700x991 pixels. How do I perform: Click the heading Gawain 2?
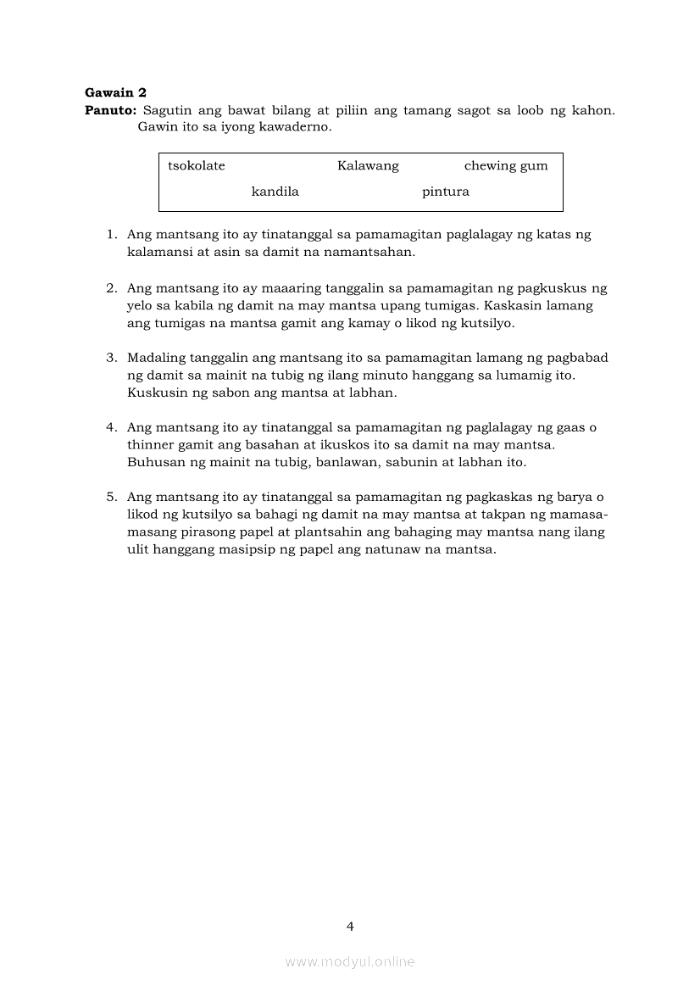tap(116, 92)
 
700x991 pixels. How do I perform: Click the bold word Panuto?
tap(110, 110)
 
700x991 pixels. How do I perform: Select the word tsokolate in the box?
tap(197, 165)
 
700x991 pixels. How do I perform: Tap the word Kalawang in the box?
tap(368, 165)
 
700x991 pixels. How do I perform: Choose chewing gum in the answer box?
tap(506, 165)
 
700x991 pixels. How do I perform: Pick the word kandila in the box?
tap(275, 192)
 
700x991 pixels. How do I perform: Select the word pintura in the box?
tap(446, 192)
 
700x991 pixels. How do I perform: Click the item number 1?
tap(111, 235)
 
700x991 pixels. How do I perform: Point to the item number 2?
tap(111, 288)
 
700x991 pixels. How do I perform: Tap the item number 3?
tap(111, 358)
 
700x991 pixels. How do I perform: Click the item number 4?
tap(111, 427)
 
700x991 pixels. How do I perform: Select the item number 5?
tap(111, 497)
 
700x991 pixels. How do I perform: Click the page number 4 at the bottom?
tap(350, 927)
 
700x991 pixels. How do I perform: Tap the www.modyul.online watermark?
tap(350, 961)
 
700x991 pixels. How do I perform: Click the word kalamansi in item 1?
tap(158, 253)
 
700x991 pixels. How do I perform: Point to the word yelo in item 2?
tap(141, 306)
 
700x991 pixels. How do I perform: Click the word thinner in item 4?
tap(150, 445)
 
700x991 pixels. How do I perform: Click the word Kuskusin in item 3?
tap(154, 393)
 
